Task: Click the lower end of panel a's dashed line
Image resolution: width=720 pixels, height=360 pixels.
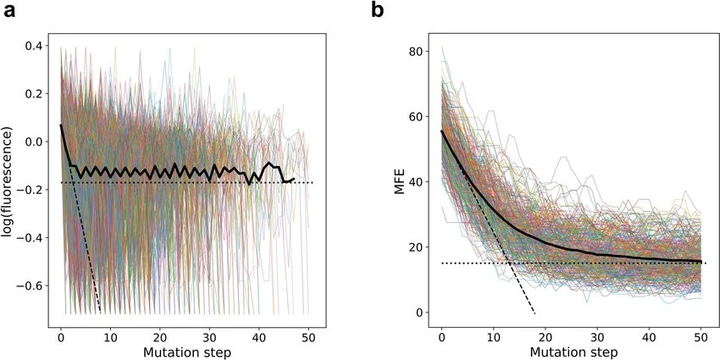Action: click(x=101, y=312)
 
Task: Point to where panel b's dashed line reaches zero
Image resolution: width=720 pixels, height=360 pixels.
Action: click(x=534, y=313)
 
